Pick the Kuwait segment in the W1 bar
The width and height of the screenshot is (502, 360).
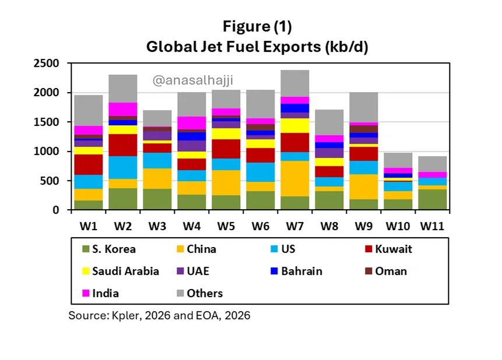pos(89,164)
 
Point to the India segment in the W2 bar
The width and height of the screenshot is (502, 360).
pos(123,109)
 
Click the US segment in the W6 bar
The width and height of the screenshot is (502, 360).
pos(261,172)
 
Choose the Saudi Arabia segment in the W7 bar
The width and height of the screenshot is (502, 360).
pos(296,125)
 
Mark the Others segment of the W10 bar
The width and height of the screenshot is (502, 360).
pos(399,160)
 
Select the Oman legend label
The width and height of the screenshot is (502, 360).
pos(391,271)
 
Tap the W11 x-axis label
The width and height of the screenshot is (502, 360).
pos(432,224)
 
